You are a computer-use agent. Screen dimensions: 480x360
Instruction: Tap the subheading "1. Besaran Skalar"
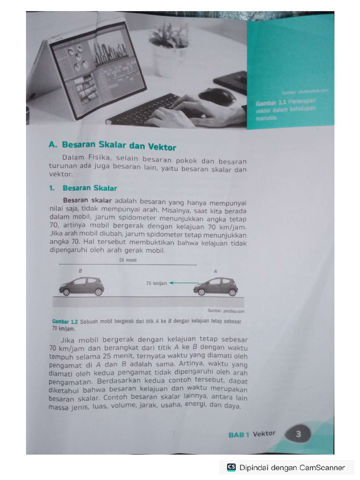point(90,188)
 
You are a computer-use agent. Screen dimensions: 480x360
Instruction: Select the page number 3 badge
point(298,434)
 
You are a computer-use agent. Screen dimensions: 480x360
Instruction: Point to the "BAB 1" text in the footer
point(239,435)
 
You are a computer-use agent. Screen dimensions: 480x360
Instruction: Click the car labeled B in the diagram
point(82,286)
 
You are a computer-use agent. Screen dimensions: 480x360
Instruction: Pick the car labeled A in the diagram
point(216,286)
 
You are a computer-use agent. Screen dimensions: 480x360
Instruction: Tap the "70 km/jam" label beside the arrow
point(157,284)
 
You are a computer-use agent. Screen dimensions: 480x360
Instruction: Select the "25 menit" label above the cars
point(127,261)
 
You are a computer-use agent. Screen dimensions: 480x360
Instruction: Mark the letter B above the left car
point(80,271)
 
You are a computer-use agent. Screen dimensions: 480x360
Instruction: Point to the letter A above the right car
point(215,271)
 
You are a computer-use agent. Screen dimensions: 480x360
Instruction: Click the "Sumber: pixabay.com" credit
point(226,311)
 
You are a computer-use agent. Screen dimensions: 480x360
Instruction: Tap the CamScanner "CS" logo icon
point(231,467)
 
